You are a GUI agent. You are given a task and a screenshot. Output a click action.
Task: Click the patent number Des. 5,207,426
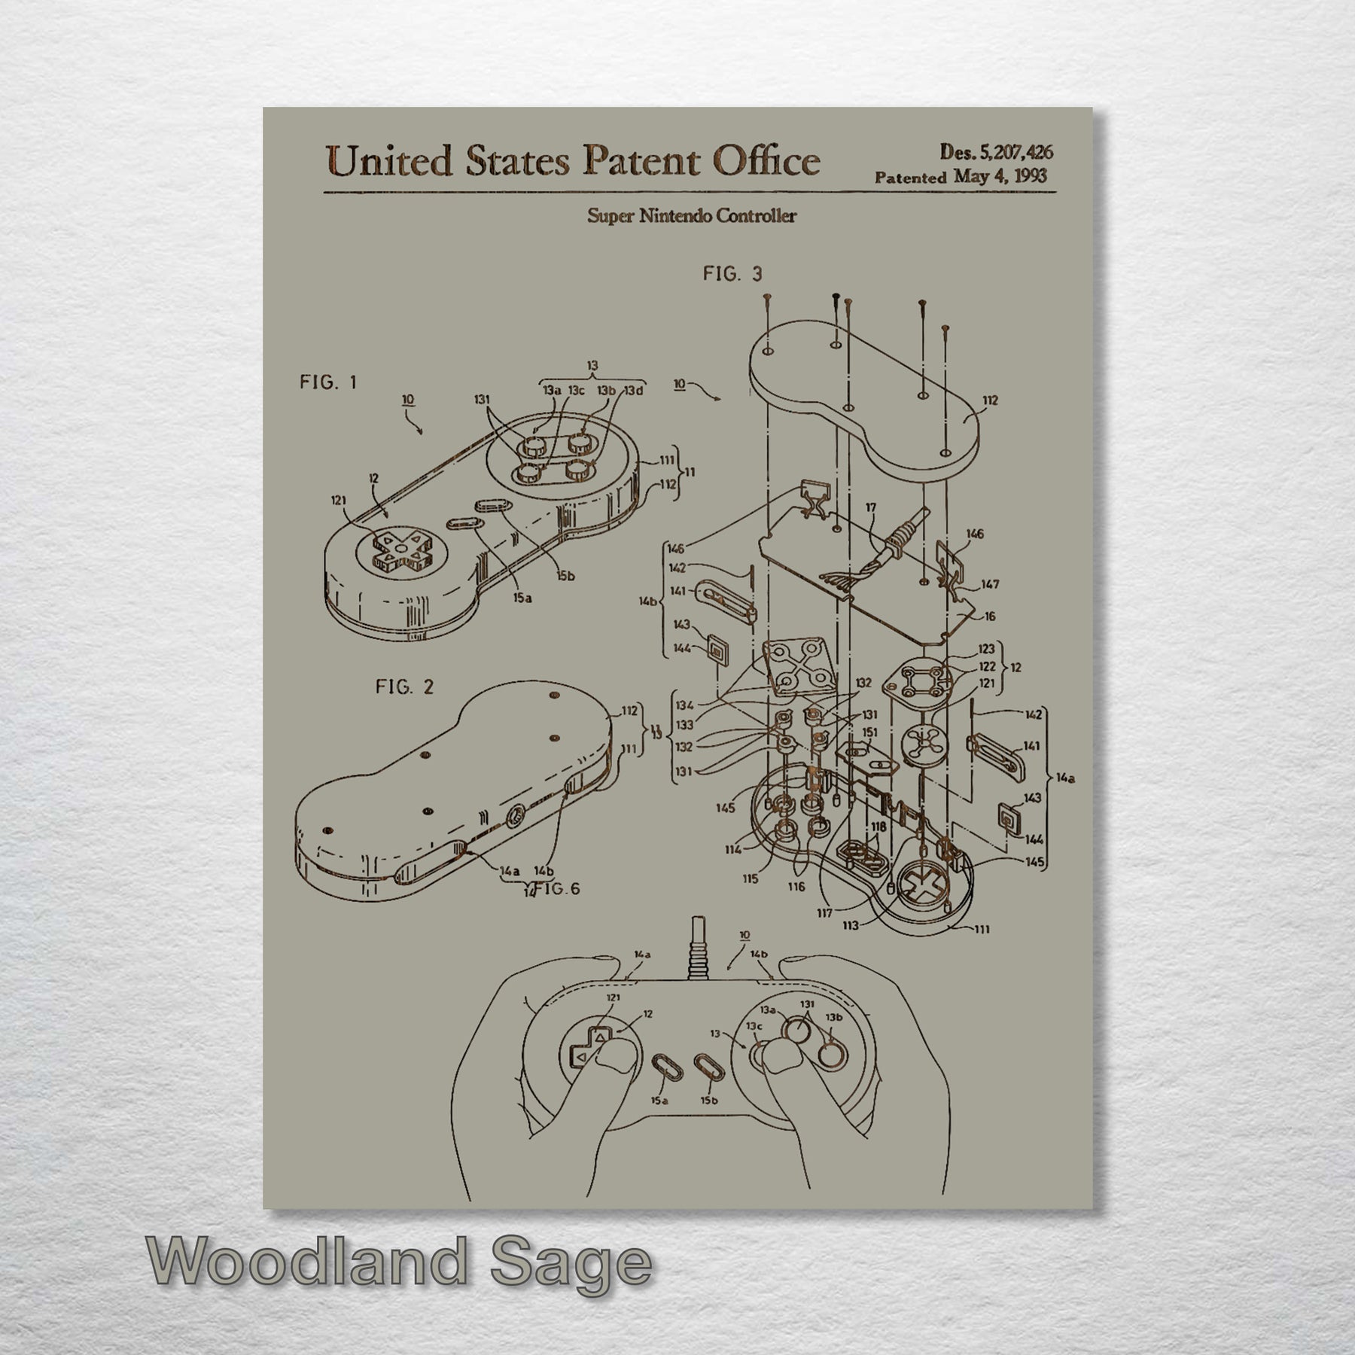[995, 151]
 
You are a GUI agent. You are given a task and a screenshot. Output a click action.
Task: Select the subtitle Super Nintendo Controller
[691, 216]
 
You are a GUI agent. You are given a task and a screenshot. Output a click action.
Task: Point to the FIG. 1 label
[327, 382]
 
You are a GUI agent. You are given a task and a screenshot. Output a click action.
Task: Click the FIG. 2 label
[404, 687]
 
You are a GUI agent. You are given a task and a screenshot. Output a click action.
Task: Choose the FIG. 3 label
[732, 274]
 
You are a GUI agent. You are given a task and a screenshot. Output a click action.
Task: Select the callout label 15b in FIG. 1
[565, 576]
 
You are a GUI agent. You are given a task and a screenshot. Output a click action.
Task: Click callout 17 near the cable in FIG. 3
[871, 508]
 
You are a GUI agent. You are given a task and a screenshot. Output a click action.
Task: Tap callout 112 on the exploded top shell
[990, 400]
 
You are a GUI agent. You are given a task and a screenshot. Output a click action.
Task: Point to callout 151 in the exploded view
[869, 732]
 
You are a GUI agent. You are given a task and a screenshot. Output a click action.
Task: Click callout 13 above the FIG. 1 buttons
[592, 366]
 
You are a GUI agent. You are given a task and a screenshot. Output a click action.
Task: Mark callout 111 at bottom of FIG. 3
[982, 930]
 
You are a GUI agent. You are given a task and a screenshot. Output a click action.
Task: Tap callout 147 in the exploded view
[990, 584]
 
